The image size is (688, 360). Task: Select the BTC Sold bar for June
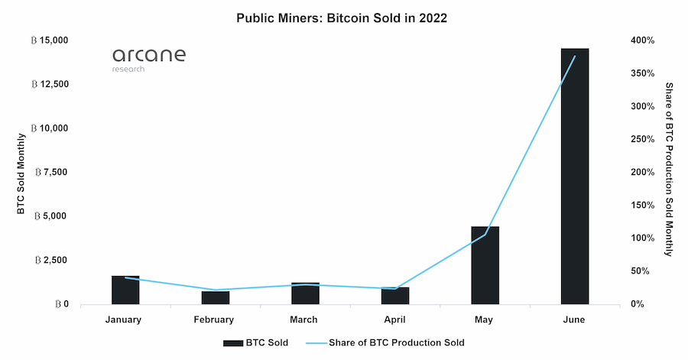tap(575, 176)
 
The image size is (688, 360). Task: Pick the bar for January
tap(125, 290)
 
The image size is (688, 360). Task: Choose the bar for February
tap(216, 297)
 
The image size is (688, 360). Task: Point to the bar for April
tap(395, 295)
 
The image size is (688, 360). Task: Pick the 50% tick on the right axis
tap(641, 271)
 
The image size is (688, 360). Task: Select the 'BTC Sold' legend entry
tap(255, 342)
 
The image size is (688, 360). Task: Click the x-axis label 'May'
tap(485, 319)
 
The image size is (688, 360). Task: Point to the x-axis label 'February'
tap(216, 319)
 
